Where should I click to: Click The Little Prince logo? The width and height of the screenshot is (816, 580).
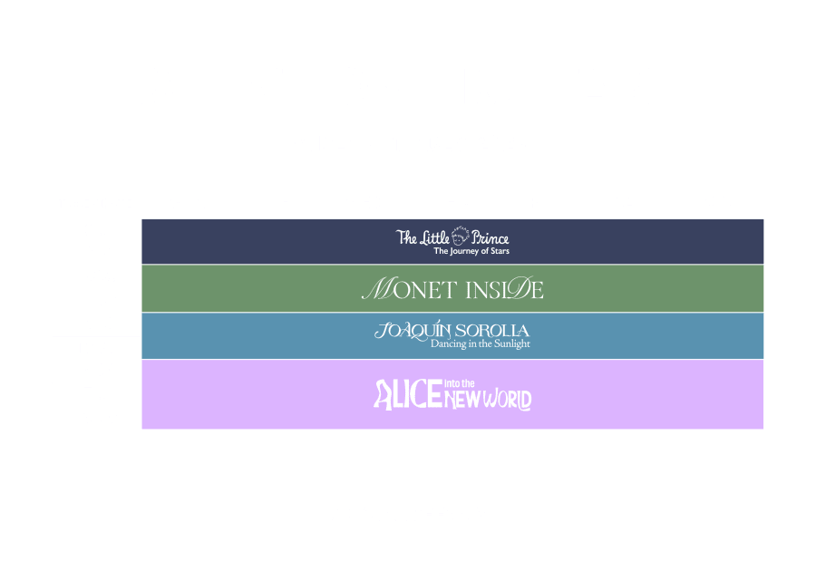click(452, 241)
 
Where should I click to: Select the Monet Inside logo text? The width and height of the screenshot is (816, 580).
click(452, 289)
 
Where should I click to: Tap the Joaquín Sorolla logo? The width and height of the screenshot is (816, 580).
click(452, 335)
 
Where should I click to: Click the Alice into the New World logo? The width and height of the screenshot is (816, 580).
click(452, 394)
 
